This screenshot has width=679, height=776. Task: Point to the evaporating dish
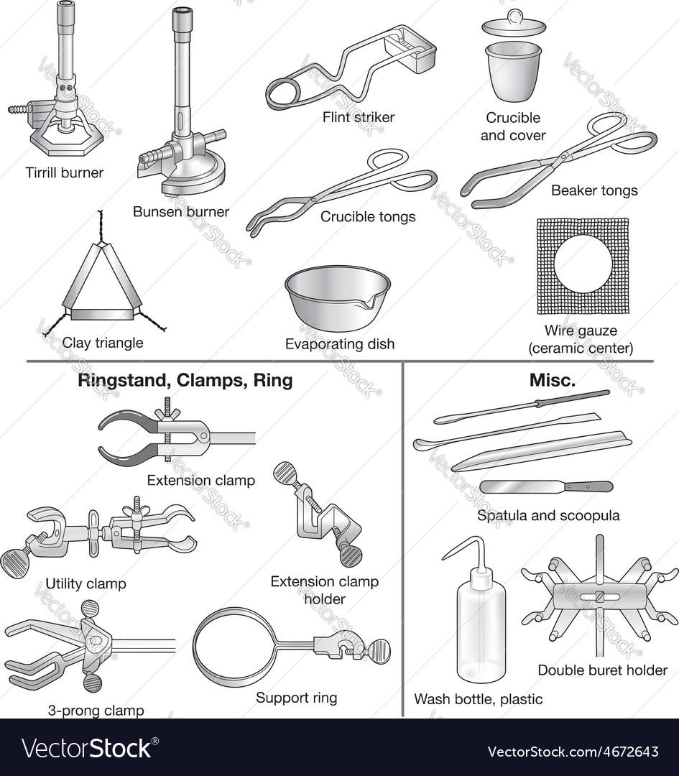pos(337,291)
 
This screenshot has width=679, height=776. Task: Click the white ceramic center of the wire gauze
pos(582,264)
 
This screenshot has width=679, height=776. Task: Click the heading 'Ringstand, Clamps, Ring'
pos(185,381)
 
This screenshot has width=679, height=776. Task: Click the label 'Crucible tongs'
pos(368,216)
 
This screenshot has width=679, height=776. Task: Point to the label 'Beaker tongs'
pos(594,190)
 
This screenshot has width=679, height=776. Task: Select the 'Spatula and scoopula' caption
pos(548,515)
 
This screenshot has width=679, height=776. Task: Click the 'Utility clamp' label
pos(86,583)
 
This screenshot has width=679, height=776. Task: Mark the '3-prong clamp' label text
pos(96,711)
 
